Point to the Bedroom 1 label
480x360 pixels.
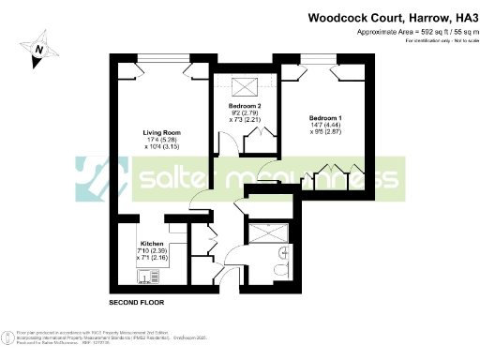pyautogui.click(x=325, y=118)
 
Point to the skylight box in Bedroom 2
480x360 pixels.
pyautogui.click(x=245, y=87)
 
